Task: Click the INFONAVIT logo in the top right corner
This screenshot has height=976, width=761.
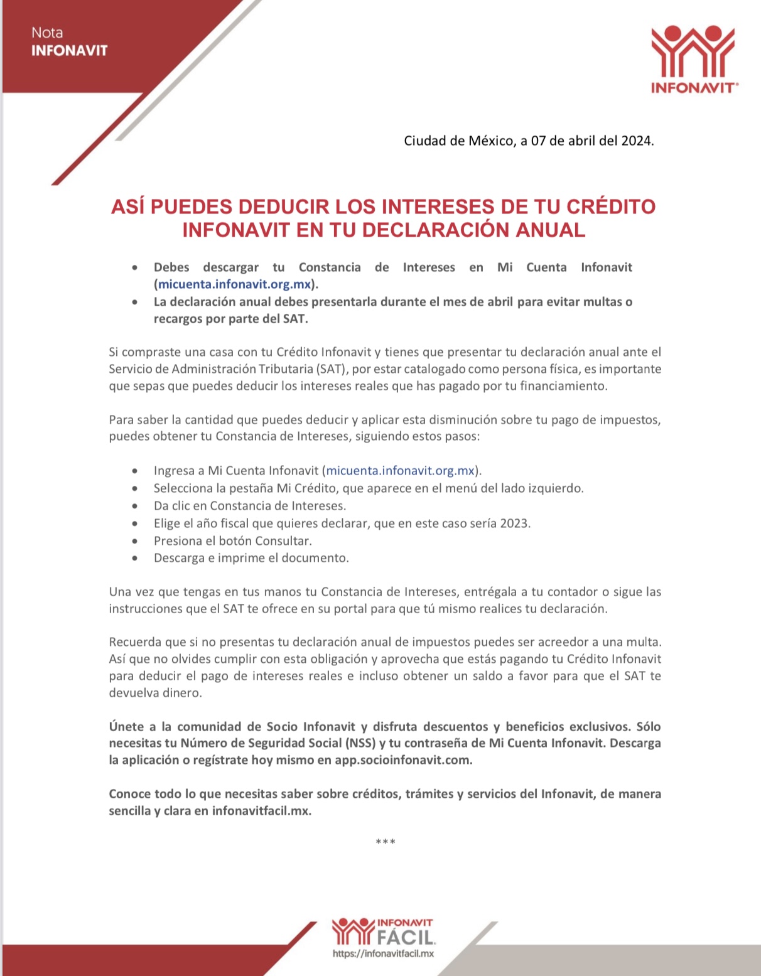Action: (x=694, y=59)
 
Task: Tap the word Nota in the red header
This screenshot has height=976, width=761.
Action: (x=47, y=33)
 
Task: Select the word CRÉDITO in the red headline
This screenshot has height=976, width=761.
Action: (x=611, y=206)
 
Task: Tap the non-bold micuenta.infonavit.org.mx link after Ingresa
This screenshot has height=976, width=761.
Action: (x=401, y=471)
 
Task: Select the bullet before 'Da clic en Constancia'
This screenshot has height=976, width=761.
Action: (x=135, y=506)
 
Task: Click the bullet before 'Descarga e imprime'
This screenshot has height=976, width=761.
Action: (x=135, y=558)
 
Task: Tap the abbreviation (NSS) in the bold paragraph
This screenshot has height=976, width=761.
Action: (x=360, y=744)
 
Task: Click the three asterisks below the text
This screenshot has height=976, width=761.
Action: (x=385, y=842)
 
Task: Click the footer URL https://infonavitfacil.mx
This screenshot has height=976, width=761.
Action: (x=383, y=954)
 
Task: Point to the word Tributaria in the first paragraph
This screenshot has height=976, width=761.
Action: (x=281, y=369)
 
